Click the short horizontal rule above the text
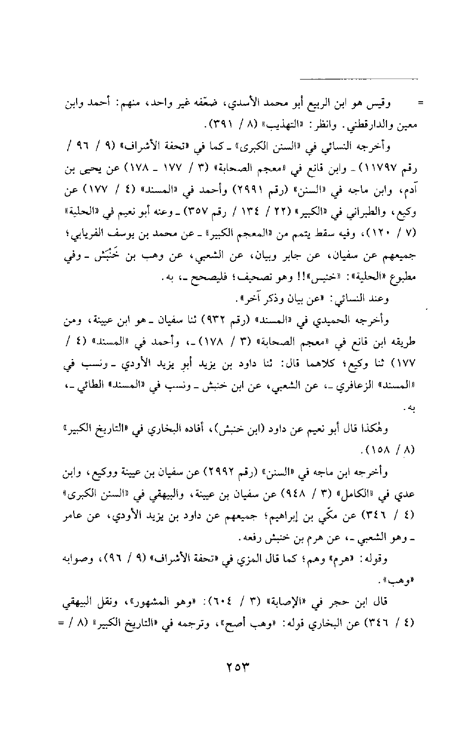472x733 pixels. tap(359, 79)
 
